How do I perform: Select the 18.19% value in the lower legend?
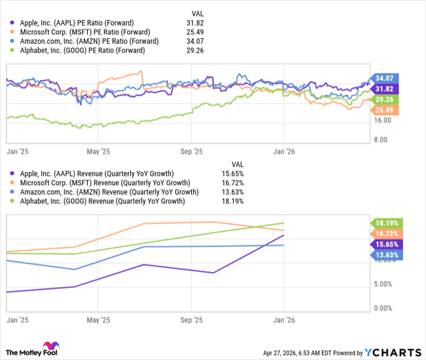(234, 201)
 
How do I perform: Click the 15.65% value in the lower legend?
(234, 173)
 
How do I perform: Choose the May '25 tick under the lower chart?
(98, 319)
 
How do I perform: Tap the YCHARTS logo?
(392, 352)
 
